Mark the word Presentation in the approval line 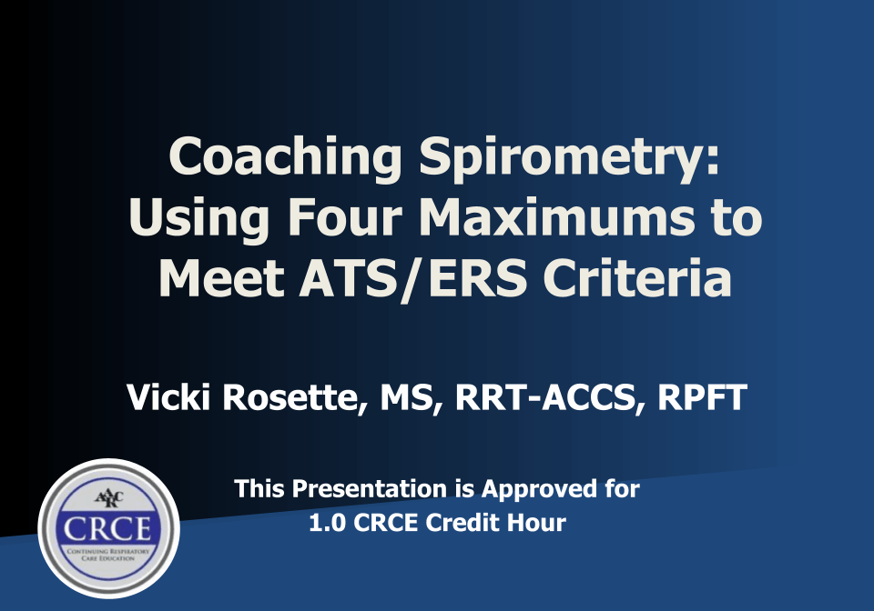(x=372, y=489)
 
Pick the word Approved (x=538, y=489)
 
